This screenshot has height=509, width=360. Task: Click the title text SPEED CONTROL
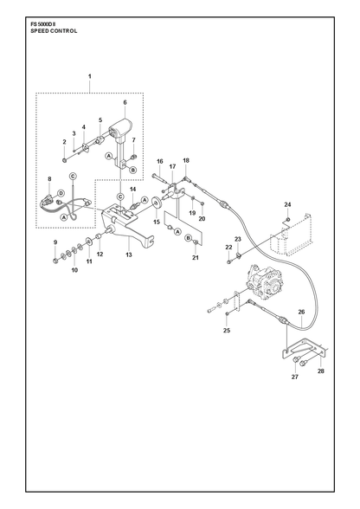pos(54,31)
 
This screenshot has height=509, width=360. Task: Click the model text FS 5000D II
pos(43,24)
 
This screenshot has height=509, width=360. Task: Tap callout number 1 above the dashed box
pos(90,76)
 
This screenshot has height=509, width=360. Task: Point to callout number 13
pos(129,254)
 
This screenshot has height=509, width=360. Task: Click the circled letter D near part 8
pos(61,193)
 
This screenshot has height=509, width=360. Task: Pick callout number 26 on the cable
pos(301,312)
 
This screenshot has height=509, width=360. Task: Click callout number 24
pos(287,204)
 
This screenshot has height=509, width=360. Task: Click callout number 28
pos(321,371)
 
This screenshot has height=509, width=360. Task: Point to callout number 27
pos(295,377)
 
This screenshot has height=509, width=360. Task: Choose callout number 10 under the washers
pos(74,270)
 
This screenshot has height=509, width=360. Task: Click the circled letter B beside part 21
pos(188,238)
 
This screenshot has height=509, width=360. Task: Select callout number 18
pos(186,160)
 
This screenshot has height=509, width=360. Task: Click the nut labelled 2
pos(65,159)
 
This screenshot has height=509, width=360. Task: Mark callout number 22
pos(228,247)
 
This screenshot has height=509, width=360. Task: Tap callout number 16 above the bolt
pos(160,161)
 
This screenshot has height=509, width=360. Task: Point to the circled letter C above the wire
pos(74,176)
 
